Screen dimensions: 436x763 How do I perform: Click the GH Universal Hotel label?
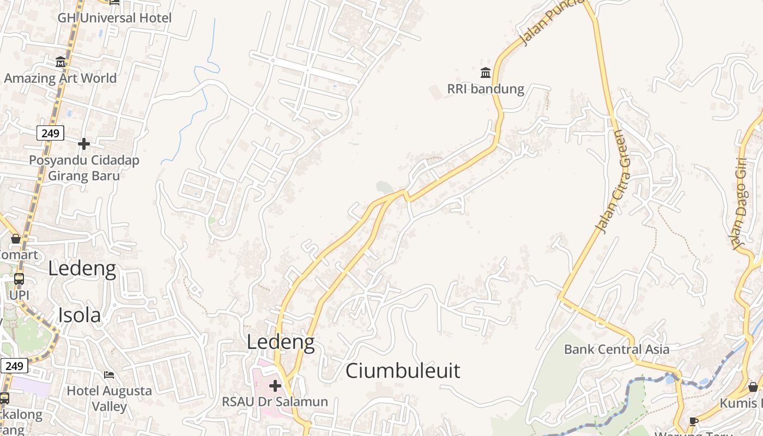coord(114,18)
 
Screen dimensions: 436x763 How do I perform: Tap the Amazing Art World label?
coord(60,78)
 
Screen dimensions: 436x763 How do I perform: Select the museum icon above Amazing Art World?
coord(60,62)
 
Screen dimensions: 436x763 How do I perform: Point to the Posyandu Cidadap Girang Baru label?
coord(84,168)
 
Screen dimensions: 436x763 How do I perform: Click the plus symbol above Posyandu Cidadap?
coord(84,144)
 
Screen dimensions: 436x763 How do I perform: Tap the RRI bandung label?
coord(486,89)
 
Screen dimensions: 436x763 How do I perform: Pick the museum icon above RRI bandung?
coord(486,72)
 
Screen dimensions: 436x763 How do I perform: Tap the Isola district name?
coord(80,316)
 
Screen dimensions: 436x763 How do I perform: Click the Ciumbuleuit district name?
coord(403,371)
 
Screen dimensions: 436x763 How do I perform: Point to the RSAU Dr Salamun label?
coord(275,402)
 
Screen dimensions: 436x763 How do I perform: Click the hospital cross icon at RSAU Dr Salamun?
coord(275,386)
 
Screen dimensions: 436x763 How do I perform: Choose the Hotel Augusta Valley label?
coord(109,398)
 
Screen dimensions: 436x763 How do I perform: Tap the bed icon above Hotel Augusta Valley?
coord(109,375)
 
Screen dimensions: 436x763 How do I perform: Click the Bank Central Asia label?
coord(616,349)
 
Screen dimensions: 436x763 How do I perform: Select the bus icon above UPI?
coord(19,279)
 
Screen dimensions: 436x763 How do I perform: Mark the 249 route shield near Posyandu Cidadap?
coord(51,133)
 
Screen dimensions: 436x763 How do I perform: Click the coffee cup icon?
coord(693,421)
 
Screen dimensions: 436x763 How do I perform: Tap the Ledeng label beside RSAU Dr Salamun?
coord(281,342)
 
